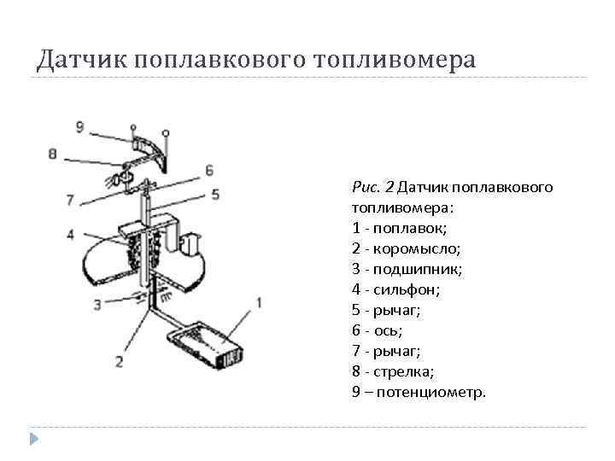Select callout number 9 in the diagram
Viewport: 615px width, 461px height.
[x=79, y=127]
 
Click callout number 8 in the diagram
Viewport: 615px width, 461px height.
[x=53, y=155]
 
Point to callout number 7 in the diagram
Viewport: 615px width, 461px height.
[x=70, y=200]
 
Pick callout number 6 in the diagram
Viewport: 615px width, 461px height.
[x=208, y=170]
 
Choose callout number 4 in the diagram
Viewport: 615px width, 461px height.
[x=70, y=233]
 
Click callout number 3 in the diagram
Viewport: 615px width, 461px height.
[x=98, y=303]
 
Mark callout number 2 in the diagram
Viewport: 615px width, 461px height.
[x=119, y=360]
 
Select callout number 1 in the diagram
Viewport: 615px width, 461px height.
[x=259, y=301]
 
